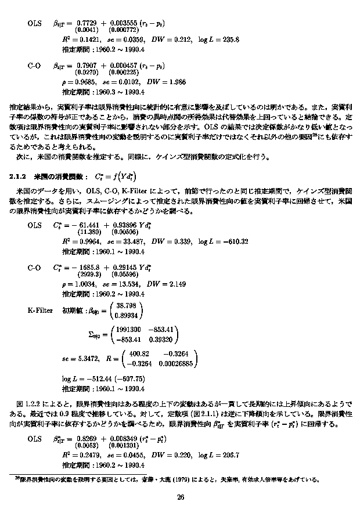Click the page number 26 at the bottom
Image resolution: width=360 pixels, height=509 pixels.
pos(180,497)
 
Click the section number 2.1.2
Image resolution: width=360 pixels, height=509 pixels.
pos(20,176)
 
